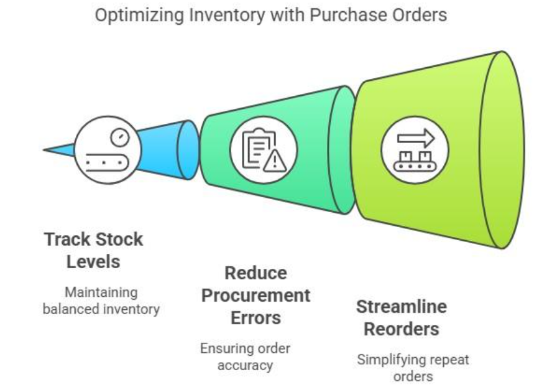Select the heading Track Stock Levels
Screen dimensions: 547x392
coord(93,250)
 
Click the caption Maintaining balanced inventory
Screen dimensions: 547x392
coord(101,301)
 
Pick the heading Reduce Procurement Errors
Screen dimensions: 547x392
coord(255,296)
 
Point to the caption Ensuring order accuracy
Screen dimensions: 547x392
coord(245,357)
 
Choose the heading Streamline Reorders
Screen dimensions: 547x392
coord(402,318)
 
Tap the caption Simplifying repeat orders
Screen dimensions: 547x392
coord(413,368)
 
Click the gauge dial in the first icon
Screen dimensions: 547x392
coord(120,137)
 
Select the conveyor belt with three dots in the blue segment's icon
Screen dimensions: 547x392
coord(107,162)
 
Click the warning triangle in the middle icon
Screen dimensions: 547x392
coord(275,161)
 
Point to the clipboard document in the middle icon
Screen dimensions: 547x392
coord(259,148)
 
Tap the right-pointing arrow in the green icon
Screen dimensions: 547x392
coord(416,138)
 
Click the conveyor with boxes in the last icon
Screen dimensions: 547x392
coord(415,161)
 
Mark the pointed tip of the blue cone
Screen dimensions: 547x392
coord(44,150)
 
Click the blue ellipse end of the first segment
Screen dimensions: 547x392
coord(188,150)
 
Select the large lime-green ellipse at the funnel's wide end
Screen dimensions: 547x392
coord(502,150)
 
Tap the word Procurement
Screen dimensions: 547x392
coord(255,296)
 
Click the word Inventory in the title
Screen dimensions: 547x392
coord(227,15)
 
